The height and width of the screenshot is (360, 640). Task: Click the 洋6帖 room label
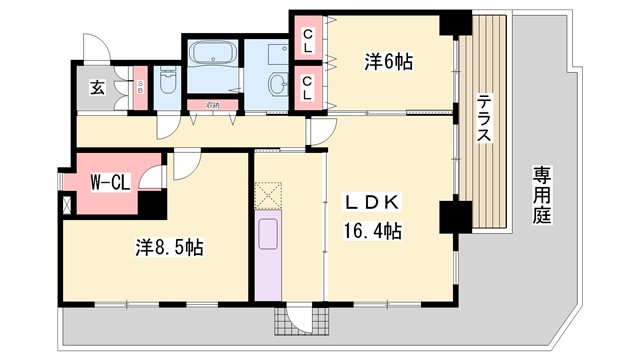point(387,62)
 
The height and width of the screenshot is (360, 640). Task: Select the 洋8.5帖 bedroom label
point(170,247)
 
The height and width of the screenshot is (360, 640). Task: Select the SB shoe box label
point(141,88)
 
